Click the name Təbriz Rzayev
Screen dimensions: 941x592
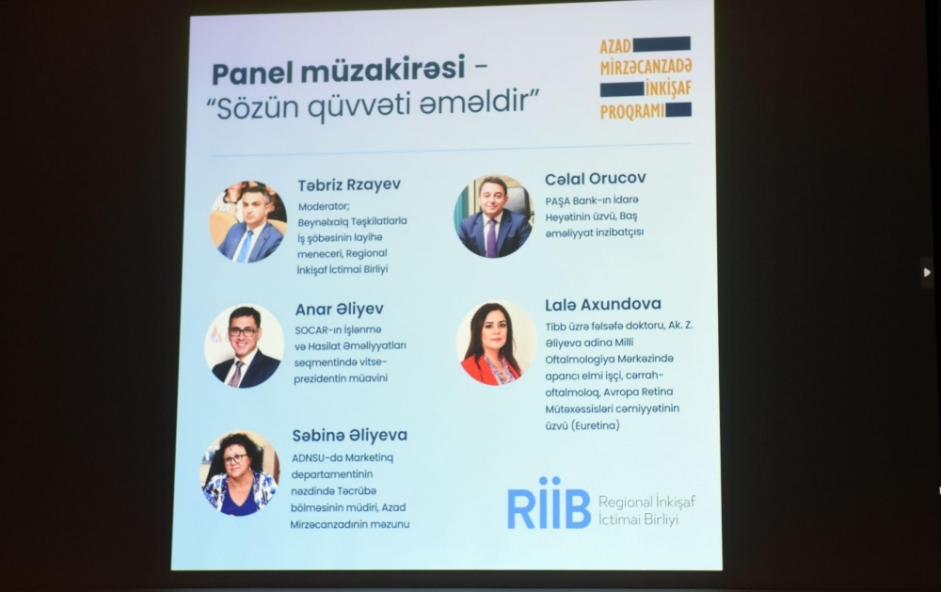pyautogui.click(x=349, y=185)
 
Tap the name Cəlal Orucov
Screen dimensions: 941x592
pyautogui.click(x=596, y=178)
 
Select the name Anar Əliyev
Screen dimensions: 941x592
pyautogui.click(x=339, y=310)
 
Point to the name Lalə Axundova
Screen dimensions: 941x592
pyautogui.click(x=603, y=304)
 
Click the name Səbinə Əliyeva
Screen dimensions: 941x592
pyautogui.click(x=350, y=435)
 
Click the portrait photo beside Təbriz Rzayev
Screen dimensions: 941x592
pyautogui.click(x=247, y=221)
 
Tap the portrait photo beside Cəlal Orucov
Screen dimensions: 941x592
pyautogui.click(x=494, y=216)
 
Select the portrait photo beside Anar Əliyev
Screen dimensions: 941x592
pyautogui.click(x=245, y=345)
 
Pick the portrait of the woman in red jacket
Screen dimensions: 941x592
pyautogui.click(x=496, y=343)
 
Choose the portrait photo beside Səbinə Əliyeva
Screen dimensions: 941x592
pyautogui.click(x=241, y=473)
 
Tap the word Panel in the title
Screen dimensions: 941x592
pyautogui.click(x=252, y=73)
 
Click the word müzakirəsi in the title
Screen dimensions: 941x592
pyautogui.click(x=383, y=69)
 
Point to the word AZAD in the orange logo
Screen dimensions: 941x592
pyautogui.click(x=615, y=46)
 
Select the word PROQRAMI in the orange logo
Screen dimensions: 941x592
pyautogui.click(x=632, y=112)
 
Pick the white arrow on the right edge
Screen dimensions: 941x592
pyautogui.click(x=927, y=273)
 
